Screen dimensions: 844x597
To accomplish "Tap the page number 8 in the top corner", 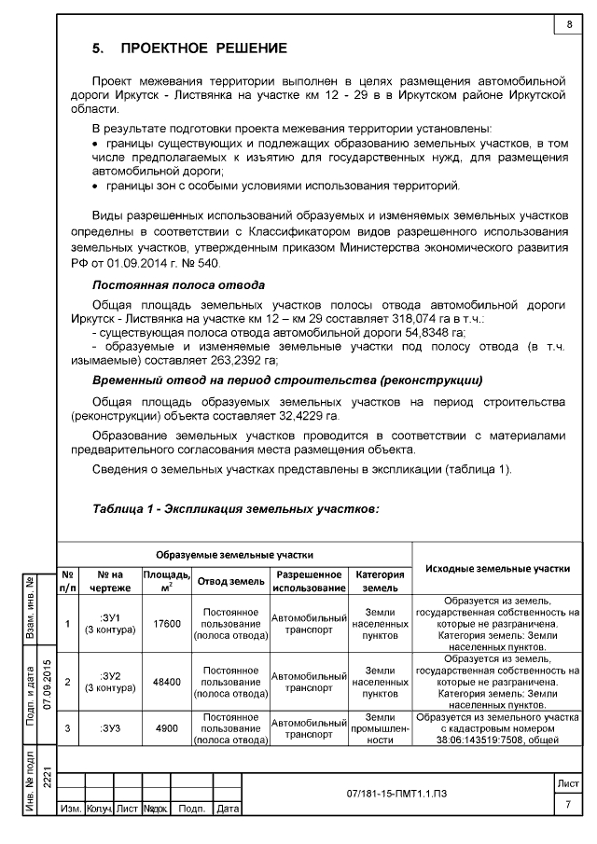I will click(568, 24).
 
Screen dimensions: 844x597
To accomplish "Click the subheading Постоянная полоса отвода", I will click(178, 284).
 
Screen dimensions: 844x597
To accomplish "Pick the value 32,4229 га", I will click(307, 414).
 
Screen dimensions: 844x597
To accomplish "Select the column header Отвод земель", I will click(229, 582).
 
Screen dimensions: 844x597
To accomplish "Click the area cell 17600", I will click(166, 624).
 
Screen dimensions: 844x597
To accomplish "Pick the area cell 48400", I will click(166, 682).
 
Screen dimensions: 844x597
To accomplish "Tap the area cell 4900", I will click(166, 728).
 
